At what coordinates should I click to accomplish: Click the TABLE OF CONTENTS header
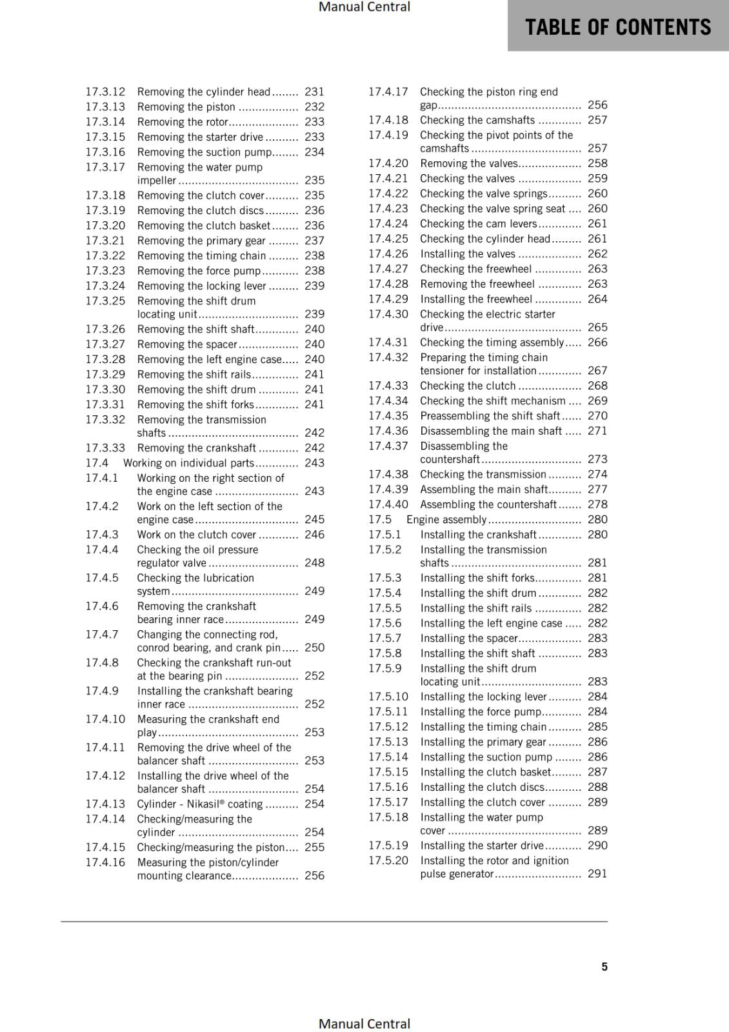617,27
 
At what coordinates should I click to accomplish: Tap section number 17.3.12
105,92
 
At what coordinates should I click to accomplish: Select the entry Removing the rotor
183,122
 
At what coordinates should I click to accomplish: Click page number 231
314,92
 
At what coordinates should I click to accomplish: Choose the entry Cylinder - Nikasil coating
200,804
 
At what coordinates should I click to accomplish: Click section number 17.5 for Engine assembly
379,520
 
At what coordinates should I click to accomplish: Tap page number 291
597,874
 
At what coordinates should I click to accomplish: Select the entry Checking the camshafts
477,120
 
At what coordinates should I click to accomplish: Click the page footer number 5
604,967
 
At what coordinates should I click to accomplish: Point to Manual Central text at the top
364,7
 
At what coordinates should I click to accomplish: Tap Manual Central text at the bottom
364,1024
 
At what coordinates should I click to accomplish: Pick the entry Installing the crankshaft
478,535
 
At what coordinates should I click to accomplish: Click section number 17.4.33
388,386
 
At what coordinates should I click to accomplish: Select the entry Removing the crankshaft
197,448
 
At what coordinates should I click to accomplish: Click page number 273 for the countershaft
597,459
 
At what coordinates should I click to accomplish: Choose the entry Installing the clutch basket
486,772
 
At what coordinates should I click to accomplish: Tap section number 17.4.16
105,862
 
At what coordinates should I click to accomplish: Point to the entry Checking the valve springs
483,193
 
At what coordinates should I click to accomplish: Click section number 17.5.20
388,860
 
